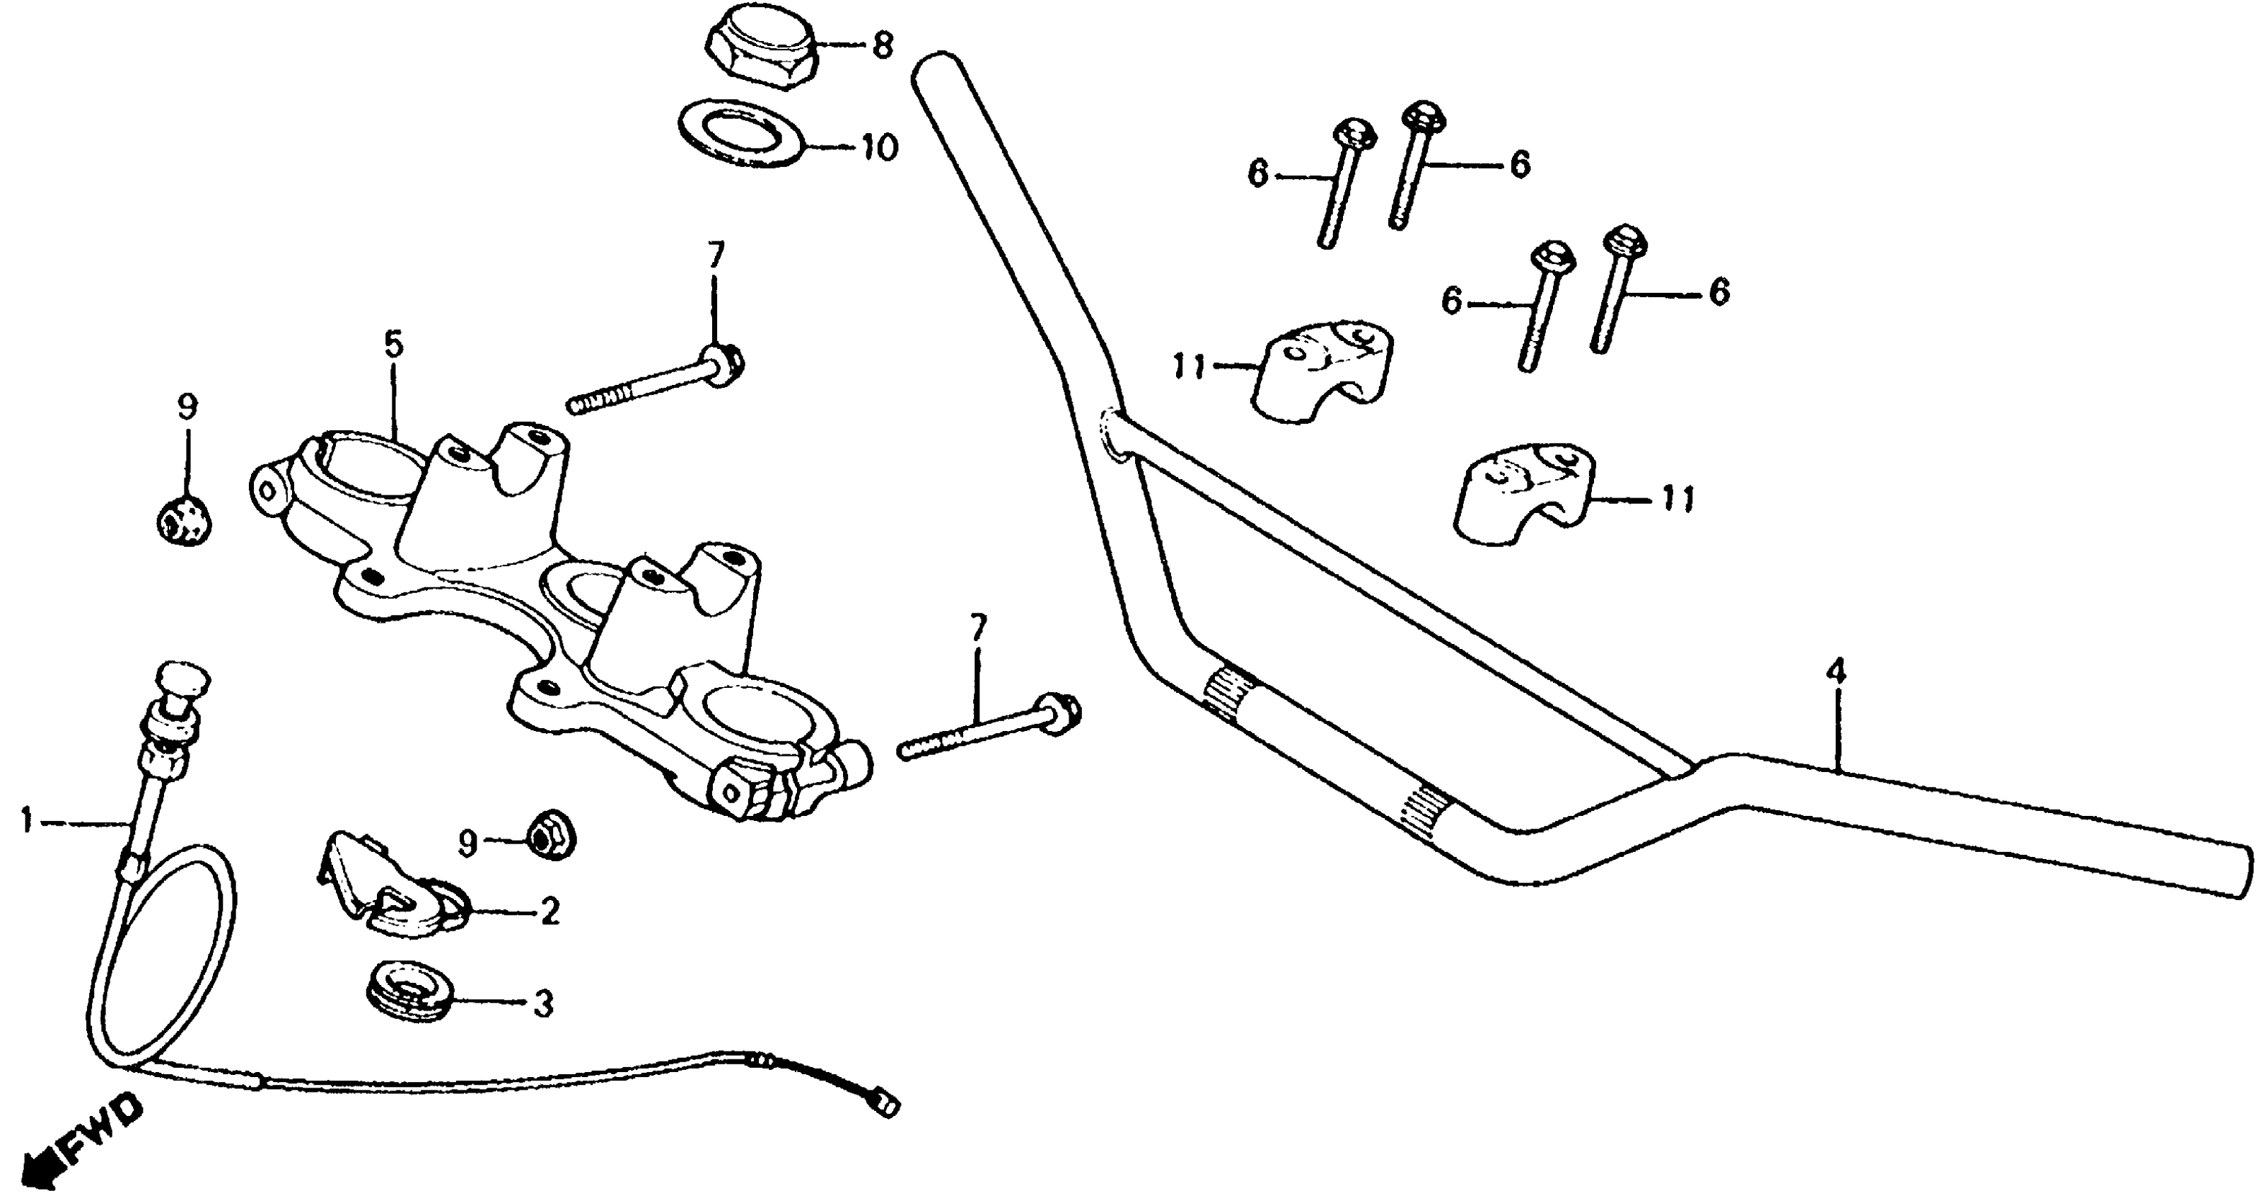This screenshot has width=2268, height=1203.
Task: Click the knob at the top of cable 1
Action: point(182,680)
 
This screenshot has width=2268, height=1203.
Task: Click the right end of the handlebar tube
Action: point(2236,871)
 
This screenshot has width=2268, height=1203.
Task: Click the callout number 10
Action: point(878,148)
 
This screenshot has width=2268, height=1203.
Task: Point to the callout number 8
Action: point(882,45)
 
